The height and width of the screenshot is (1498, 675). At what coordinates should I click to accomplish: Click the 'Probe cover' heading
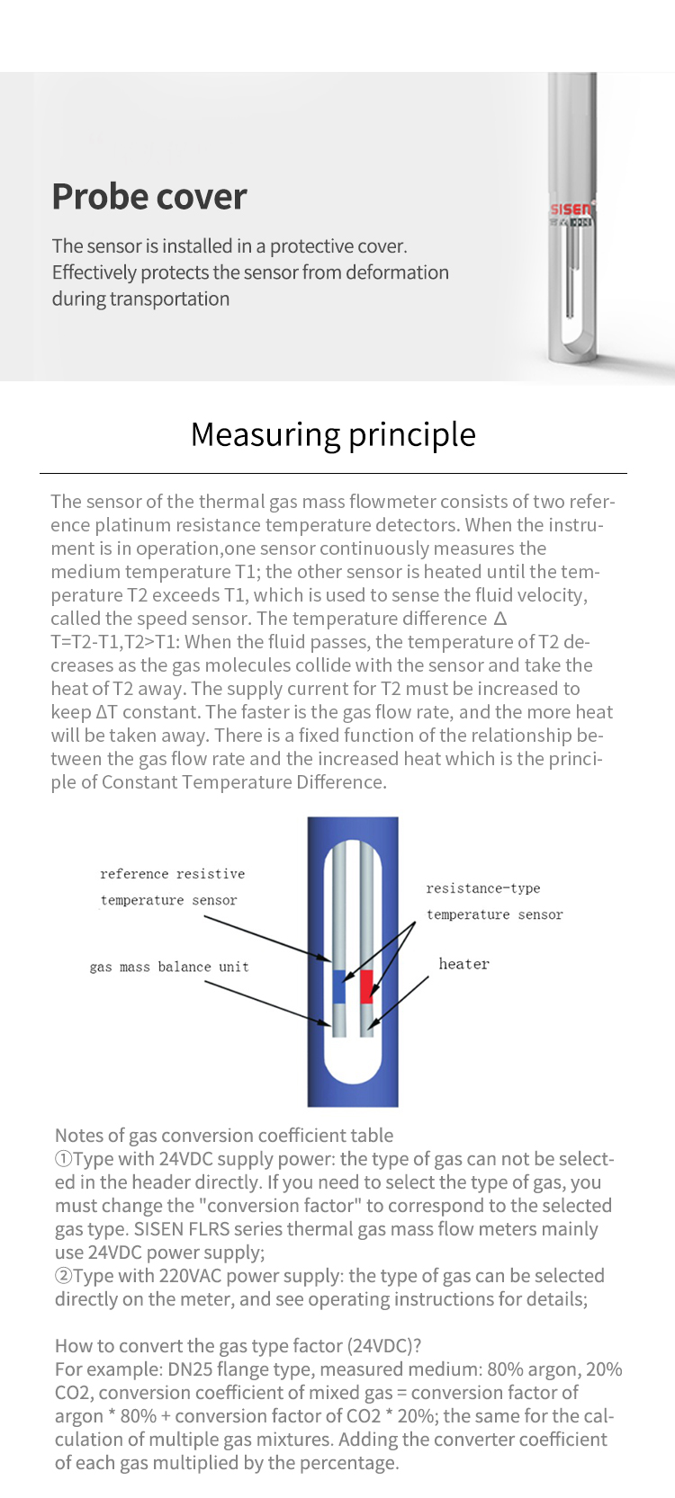[149, 197]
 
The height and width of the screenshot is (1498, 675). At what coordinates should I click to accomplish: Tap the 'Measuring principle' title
[333, 434]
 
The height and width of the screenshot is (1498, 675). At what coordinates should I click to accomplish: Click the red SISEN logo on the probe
[571, 209]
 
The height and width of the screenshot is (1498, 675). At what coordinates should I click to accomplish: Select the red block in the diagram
[366, 986]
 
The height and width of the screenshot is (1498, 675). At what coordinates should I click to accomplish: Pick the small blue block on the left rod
[339, 986]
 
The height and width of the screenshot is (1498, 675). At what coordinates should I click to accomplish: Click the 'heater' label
[463, 964]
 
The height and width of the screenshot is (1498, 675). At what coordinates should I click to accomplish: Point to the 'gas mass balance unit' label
[169, 967]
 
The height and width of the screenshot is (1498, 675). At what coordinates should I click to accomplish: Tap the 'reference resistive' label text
[172, 874]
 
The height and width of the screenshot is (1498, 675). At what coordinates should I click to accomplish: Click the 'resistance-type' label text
[483, 888]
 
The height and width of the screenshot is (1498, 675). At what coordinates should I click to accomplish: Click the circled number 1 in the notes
[63, 1159]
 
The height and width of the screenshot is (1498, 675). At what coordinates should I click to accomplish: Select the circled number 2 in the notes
[63, 1276]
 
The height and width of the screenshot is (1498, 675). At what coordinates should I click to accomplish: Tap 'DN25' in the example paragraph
[192, 1369]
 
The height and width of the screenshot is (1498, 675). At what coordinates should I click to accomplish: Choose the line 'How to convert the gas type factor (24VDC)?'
[238, 1346]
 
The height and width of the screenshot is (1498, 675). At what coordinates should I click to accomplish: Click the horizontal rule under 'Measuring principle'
[333, 473]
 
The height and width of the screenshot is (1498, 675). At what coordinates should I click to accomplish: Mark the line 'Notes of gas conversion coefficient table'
[224, 1136]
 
